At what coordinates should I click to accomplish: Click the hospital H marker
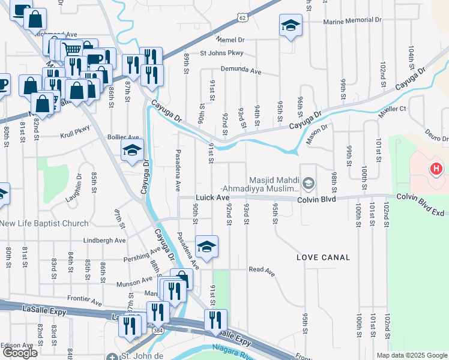[436, 170]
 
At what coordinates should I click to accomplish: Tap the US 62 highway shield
[241, 17]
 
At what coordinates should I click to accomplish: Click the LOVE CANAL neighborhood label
[323, 257]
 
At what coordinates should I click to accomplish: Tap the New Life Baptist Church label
[44, 223]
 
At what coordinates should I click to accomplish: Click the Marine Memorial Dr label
[352, 21]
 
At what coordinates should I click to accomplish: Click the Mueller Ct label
[393, 110]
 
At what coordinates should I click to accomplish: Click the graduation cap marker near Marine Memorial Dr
[290, 26]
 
